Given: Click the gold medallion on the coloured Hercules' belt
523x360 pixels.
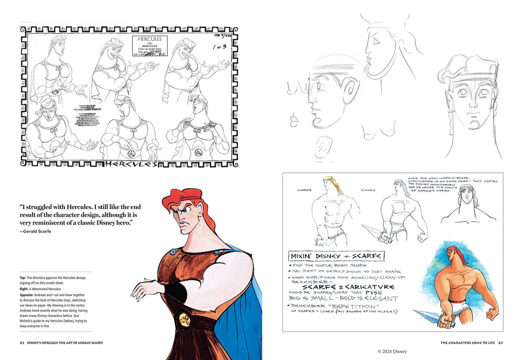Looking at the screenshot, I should coord(184,317).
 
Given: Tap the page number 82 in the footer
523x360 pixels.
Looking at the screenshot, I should coord(22,343).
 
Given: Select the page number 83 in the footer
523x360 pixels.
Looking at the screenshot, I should coord(501,343).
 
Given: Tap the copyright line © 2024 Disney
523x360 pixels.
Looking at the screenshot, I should coord(392,351).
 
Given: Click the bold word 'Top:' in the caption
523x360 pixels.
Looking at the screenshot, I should coord(25,278).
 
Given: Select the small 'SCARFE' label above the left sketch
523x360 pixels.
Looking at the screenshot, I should coord(305,190).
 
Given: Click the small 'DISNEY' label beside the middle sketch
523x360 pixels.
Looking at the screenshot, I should coord(368,190).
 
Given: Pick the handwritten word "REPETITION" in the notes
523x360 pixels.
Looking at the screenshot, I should coord(351,306).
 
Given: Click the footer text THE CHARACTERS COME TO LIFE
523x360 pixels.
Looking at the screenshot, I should coord(467,343).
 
